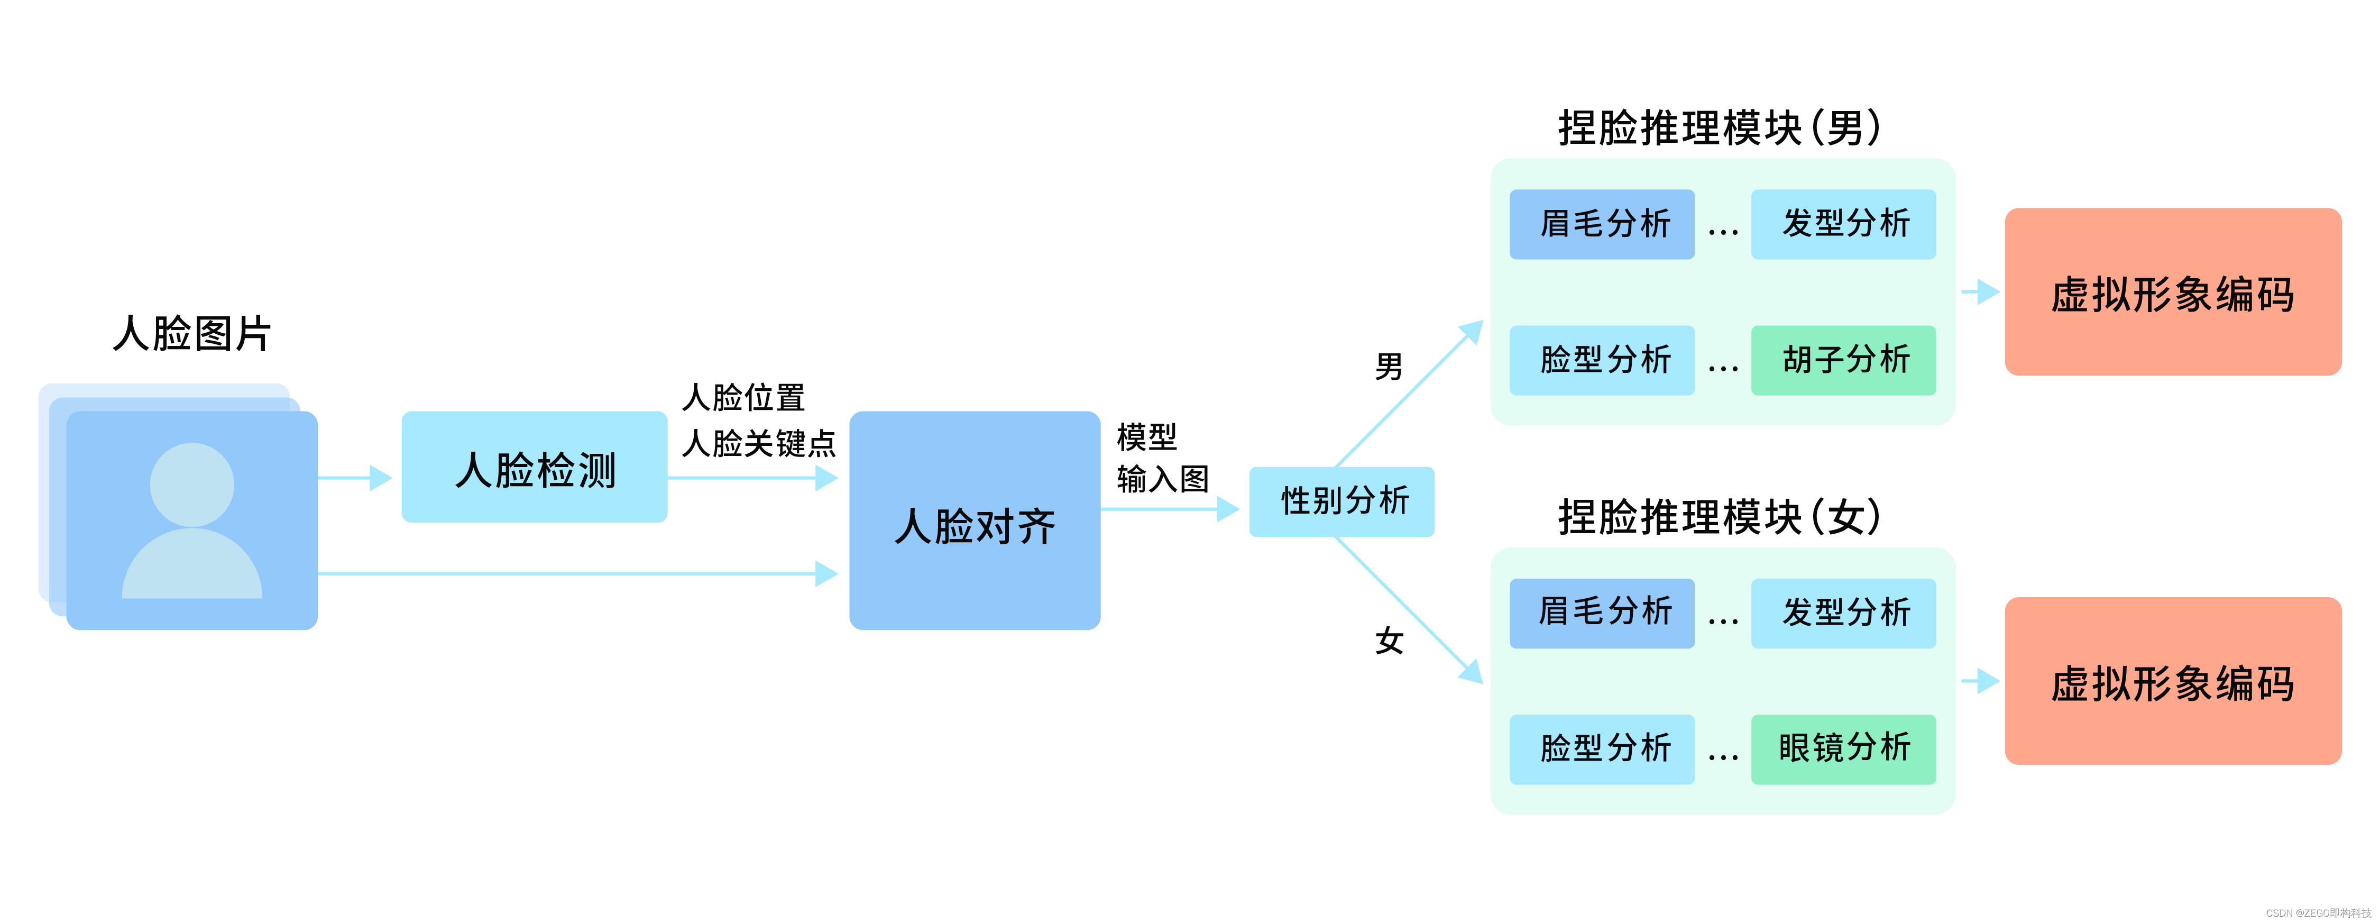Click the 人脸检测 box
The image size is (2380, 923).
pyautogui.click(x=534, y=468)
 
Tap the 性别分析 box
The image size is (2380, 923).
pyautogui.click(x=1341, y=501)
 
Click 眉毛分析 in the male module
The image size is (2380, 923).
pyautogui.click(x=1602, y=224)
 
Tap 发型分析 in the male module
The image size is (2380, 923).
pyautogui.click(x=1843, y=224)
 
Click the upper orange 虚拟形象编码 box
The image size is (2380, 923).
pyautogui.click(x=2172, y=292)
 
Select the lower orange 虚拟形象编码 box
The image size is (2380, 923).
pyautogui.click(x=2172, y=681)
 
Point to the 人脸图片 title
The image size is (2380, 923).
pyautogui.click(x=191, y=334)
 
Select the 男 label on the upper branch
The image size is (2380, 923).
pyautogui.click(x=1389, y=367)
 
